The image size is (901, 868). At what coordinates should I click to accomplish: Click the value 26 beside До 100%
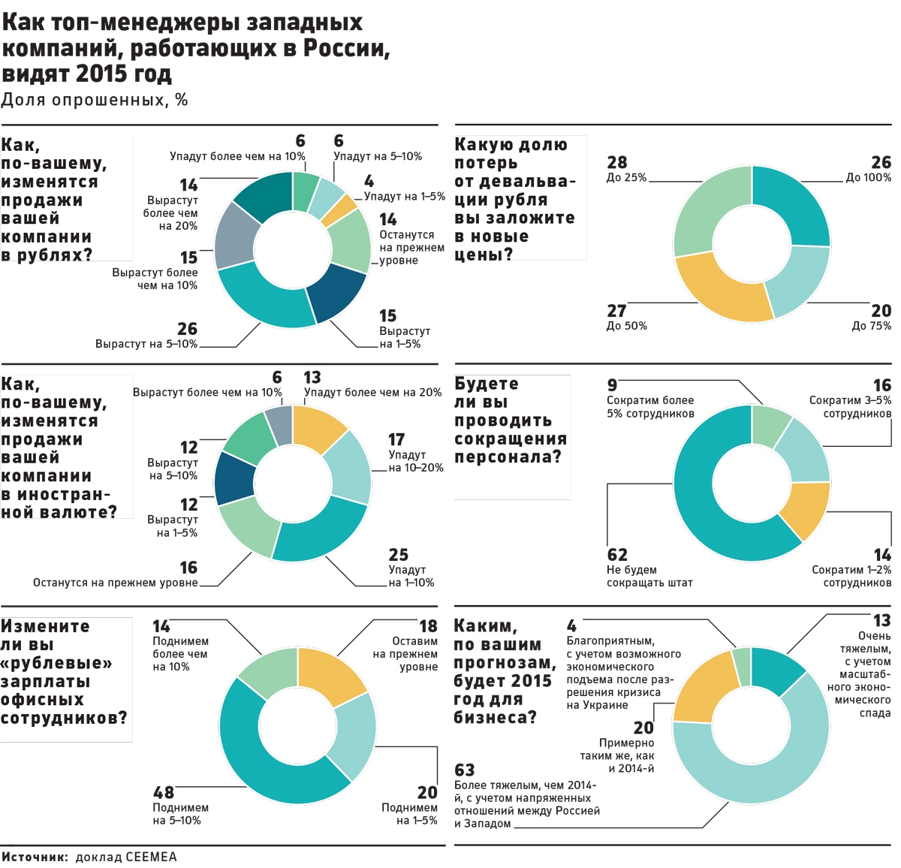(881, 162)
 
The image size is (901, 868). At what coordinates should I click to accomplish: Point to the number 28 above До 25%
(616, 162)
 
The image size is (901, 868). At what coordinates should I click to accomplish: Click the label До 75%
(871, 326)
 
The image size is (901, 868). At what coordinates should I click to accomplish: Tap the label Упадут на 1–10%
(411, 583)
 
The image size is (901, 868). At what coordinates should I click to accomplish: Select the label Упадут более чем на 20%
(372, 392)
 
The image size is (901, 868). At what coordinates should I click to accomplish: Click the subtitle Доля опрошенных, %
(95, 100)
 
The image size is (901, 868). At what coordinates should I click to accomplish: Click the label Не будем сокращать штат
(649, 576)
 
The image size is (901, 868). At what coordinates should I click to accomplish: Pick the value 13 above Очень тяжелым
(881, 620)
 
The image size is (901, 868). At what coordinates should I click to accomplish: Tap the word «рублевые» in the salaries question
(56, 663)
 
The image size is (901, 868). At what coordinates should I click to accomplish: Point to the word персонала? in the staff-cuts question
(508, 457)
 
